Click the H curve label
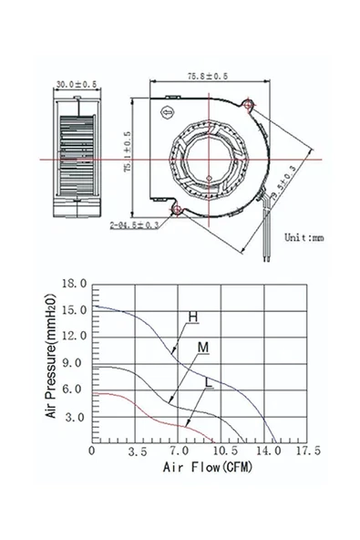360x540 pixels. click(x=192, y=317)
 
